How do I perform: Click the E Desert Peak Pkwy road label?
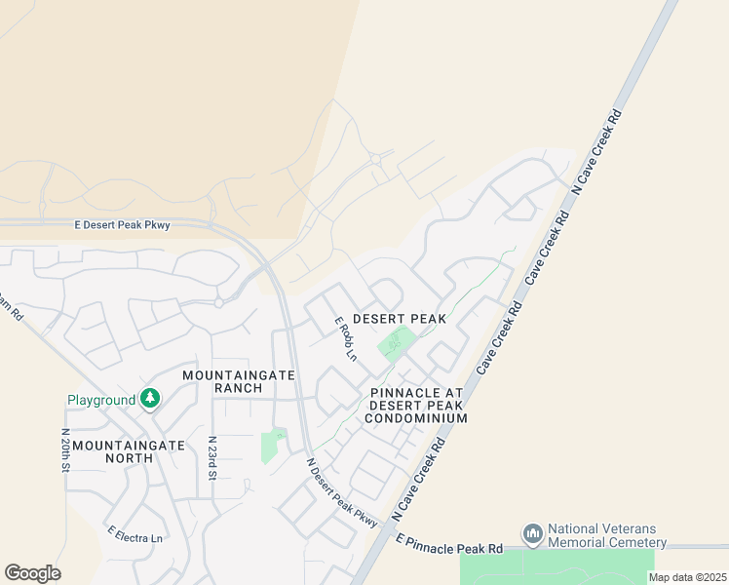click(123, 225)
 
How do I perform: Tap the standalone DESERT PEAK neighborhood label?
click(399, 319)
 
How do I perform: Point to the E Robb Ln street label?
click(346, 338)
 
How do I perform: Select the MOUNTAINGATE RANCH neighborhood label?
click(223, 381)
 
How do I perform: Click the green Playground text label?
click(101, 400)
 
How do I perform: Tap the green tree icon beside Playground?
click(149, 398)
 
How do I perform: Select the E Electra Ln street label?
click(135, 534)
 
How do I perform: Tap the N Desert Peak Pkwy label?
click(341, 493)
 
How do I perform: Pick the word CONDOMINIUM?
click(416, 418)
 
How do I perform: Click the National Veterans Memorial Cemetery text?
click(606, 535)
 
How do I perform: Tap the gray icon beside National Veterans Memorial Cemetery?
click(532, 534)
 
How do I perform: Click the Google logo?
click(32, 572)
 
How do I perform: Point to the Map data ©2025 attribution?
click(687, 577)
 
